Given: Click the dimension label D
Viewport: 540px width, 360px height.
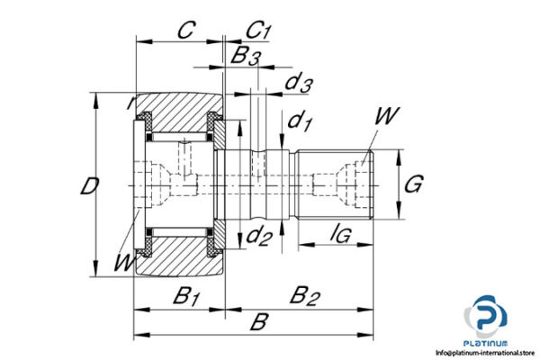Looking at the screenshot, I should pyautogui.click(x=87, y=187).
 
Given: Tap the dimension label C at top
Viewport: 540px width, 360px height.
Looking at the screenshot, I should pyautogui.click(x=184, y=31).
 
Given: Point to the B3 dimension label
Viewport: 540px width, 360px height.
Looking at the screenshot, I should pyautogui.click(x=246, y=57).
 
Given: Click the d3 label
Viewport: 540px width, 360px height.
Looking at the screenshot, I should pyautogui.click(x=299, y=84).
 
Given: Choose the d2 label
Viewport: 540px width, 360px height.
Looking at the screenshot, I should pyautogui.click(x=259, y=238).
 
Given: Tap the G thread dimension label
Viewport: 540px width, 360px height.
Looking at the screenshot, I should pyautogui.click(x=412, y=185).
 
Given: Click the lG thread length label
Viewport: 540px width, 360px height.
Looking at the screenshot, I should pyautogui.click(x=340, y=235).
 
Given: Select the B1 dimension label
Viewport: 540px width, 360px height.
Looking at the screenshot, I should pyautogui.click(x=185, y=294).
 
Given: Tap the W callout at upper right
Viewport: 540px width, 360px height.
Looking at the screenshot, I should pyautogui.click(x=388, y=116).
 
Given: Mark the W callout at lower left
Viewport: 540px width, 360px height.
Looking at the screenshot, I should pyautogui.click(x=122, y=263).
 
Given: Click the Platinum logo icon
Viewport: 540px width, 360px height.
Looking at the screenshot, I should pyautogui.click(x=486, y=317).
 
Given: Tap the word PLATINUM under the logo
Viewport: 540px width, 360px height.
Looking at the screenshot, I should pyautogui.click(x=486, y=342).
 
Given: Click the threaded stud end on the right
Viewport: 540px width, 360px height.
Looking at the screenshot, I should pyautogui.click(x=335, y=185).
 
